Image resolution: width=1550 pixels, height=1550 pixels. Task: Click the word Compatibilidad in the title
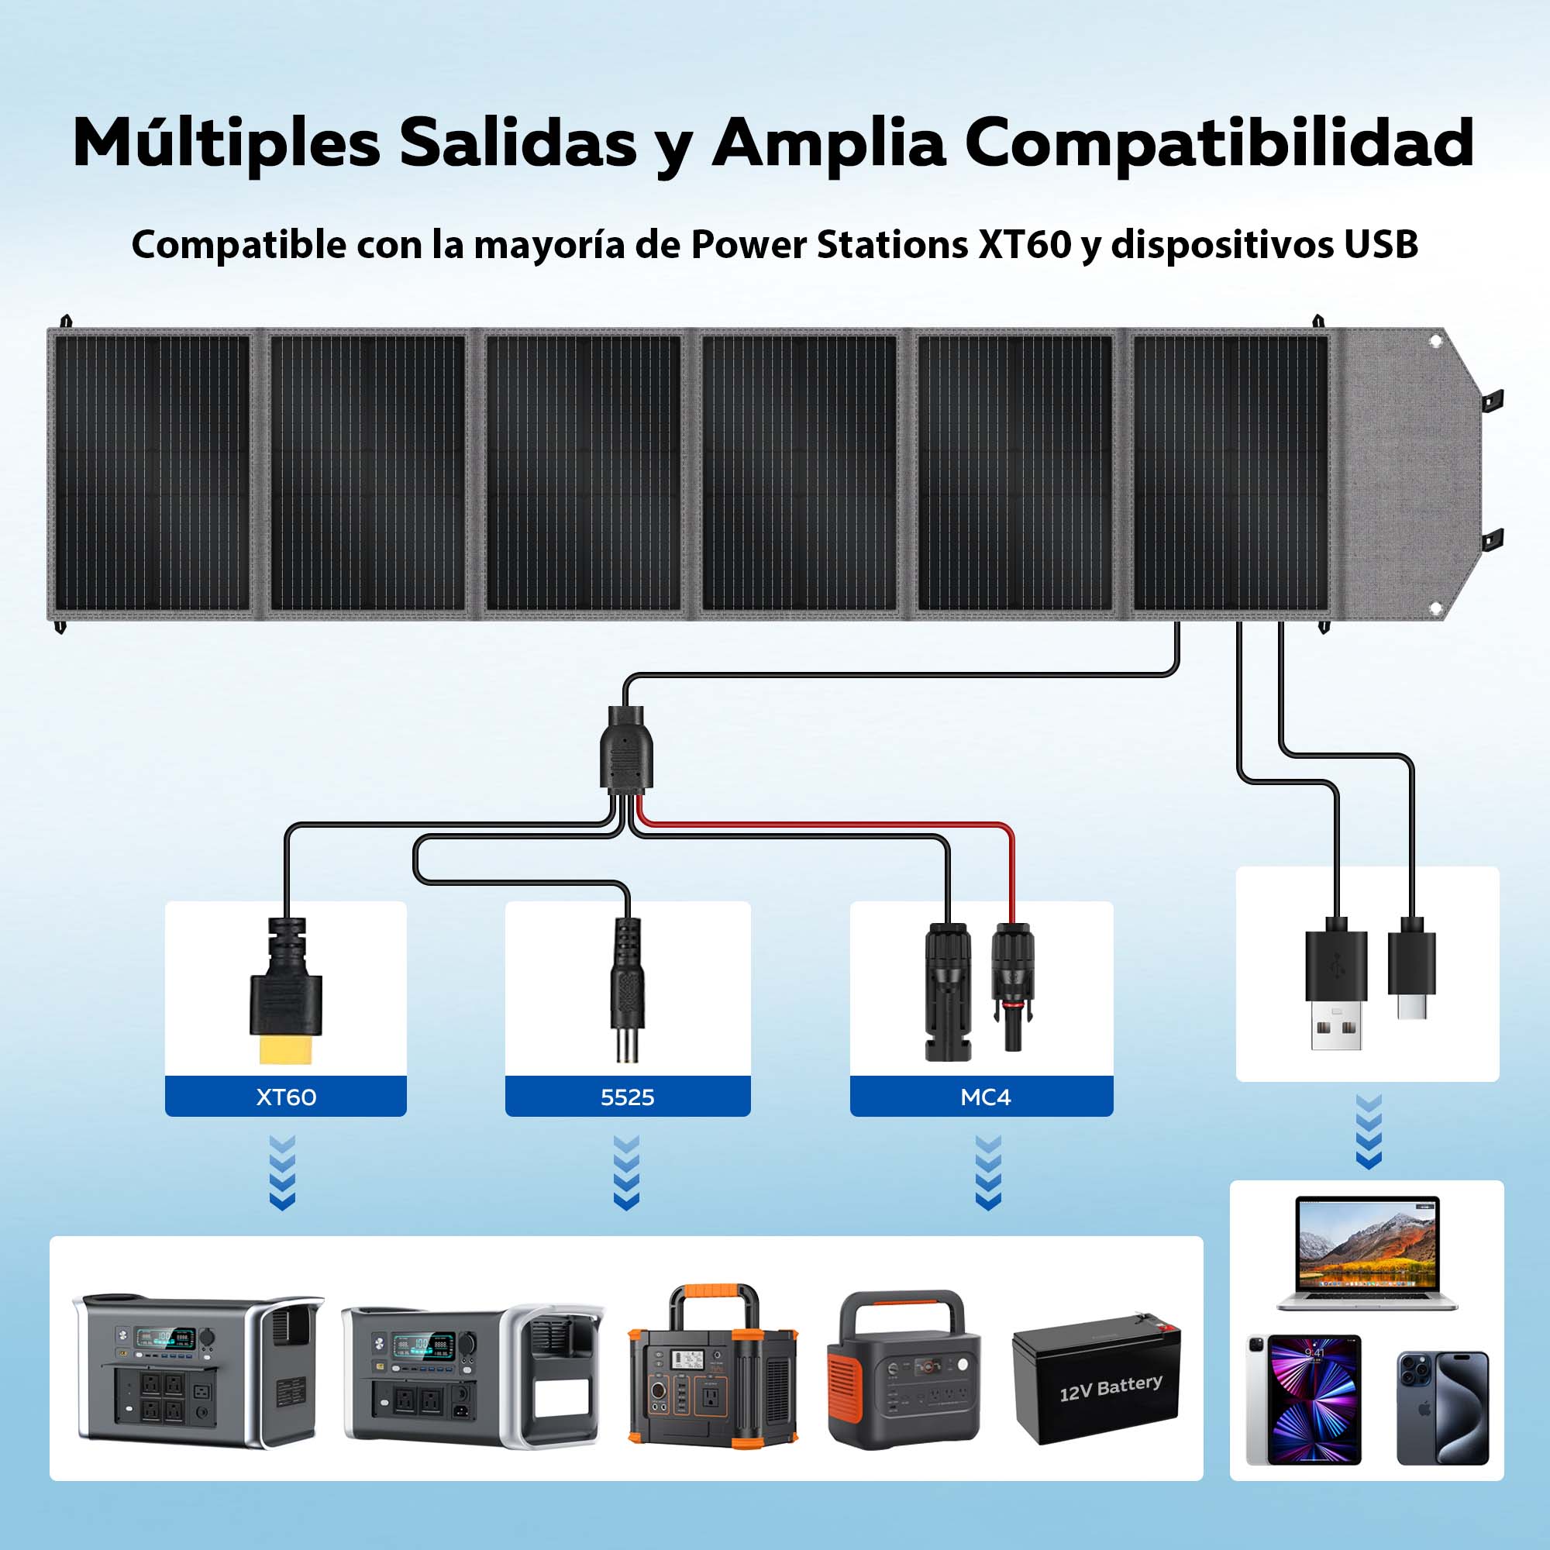click(x=1218, y=143)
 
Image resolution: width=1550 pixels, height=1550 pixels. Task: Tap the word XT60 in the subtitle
click(x=1025, y=245)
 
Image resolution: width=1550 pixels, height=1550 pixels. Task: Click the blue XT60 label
click(x=286, y=1097)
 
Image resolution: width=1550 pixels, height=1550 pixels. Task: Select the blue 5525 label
click(x=628, y=1097)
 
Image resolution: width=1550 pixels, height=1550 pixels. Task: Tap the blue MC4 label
click(x=985, y=1097)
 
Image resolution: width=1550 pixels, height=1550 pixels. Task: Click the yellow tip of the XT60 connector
click(x=286, y=1049)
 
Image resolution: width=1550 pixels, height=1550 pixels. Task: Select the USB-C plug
click(x=1412, y=971)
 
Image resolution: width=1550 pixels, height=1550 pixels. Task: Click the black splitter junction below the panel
click(x=625, y=752)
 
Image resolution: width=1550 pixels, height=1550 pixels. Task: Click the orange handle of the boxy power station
click(x=714, y=1298)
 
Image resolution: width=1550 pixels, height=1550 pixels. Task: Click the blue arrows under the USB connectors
click(x=1368, y=1131)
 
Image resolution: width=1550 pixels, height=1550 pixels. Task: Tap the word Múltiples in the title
click(x=226, y=143)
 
